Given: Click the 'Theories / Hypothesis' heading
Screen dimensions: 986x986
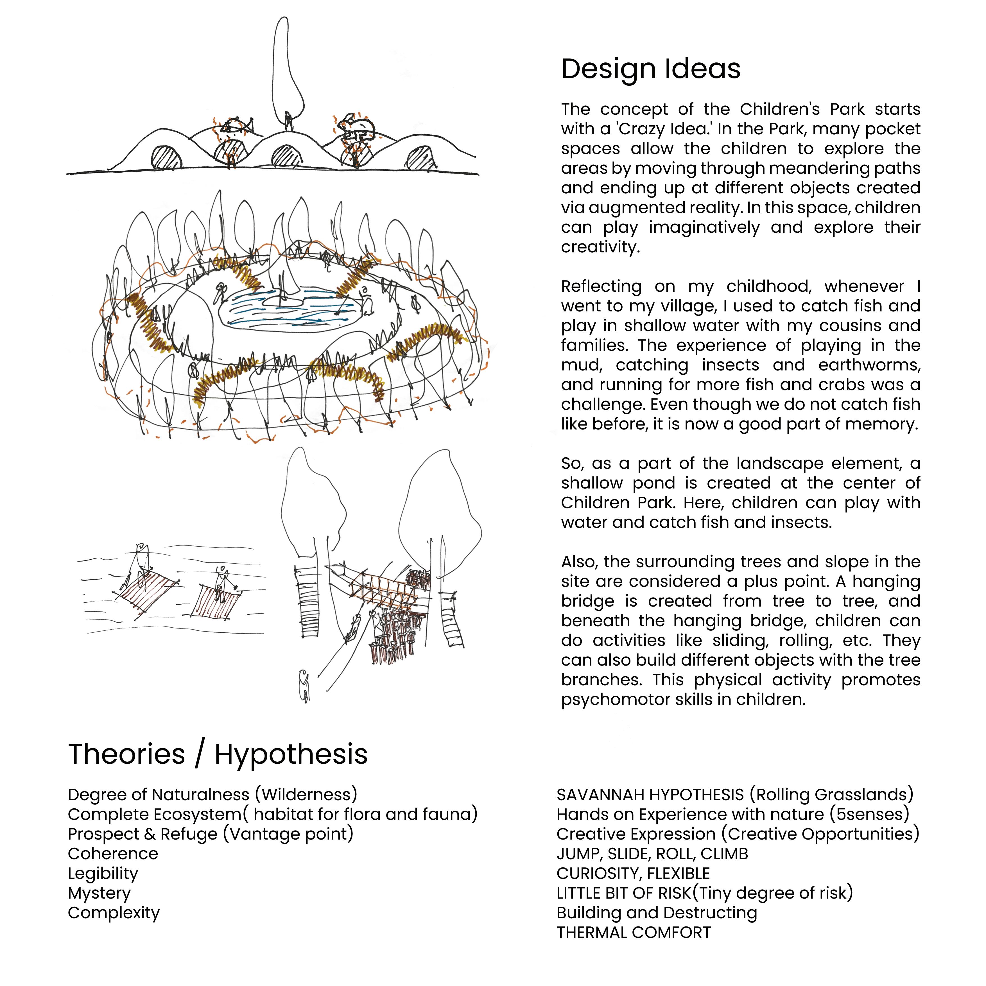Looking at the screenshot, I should [x=218, y=754].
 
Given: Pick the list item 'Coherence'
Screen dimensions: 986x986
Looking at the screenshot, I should [x=113, y=854].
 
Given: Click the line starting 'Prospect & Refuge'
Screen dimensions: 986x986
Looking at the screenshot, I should [x=210, y=834].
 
